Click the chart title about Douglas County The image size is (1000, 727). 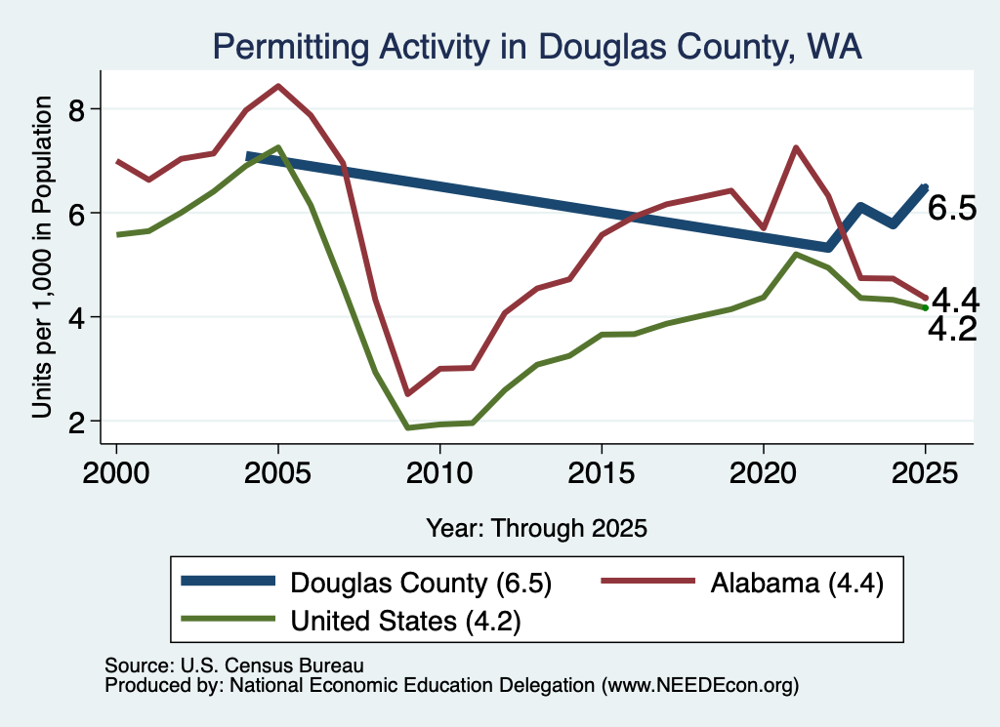coord(537,47)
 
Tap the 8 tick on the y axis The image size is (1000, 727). coord(76,109)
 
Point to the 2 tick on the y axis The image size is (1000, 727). coord(76,422)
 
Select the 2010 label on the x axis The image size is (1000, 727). coord(439,473)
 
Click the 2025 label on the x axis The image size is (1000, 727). coord(926,473)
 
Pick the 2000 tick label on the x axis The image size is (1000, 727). coord(116,473)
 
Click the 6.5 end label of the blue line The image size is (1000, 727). coord(951,209)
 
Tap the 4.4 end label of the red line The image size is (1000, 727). coord(955,300)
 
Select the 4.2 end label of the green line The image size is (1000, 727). coord(952,330)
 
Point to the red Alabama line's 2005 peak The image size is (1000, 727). coord(277,85)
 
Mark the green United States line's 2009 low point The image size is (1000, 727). coord(407,427)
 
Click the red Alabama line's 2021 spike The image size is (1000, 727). coord(795,147)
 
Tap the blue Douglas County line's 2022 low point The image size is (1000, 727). coord(828,247)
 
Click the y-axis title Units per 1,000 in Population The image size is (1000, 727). coord(42,257)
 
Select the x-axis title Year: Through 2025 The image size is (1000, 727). coord(536,528)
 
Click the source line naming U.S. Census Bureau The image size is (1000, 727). coord(234,666)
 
